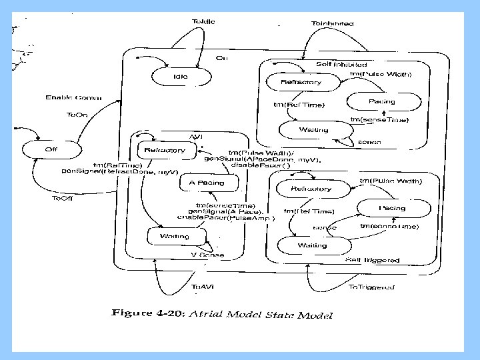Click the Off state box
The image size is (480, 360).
point(51,150)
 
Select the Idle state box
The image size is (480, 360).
point(180,77)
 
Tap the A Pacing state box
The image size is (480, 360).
point(207,183)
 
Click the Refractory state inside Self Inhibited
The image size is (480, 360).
point(301,83)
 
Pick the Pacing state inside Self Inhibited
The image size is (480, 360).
point(382,102)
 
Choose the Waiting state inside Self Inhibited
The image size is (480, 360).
point(314,129)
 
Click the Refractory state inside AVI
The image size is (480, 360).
point(165,151)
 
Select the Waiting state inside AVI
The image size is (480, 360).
point(175,236)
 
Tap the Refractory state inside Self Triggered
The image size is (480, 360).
point(311,189)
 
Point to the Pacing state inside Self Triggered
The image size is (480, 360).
point(392,209)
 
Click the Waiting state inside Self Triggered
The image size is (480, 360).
point(312,245)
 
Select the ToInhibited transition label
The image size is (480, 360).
point(332,24)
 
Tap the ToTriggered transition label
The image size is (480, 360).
point(371,287)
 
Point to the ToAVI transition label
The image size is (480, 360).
point(203,287)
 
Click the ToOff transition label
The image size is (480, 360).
point(63,198)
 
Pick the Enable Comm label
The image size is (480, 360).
point(73,97)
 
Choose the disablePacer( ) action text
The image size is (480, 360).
point(256,166)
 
